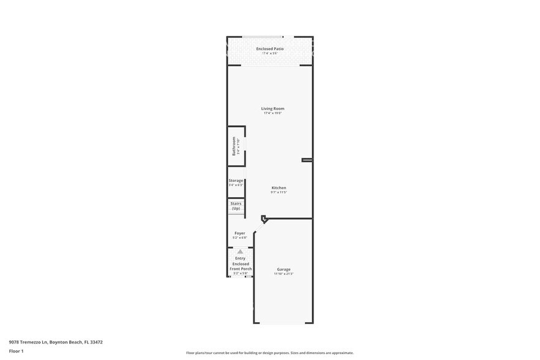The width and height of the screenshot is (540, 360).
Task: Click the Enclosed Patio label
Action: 270,48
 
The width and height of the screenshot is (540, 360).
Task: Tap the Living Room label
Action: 272,108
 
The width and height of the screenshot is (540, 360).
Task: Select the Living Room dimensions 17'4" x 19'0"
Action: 272,113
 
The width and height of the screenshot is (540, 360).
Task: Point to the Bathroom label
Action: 234,146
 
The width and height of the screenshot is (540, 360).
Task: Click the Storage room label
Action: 236,181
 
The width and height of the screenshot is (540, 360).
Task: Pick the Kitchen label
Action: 279,187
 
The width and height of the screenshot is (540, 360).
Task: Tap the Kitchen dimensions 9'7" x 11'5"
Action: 279,192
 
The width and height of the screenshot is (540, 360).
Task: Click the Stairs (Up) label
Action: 236,206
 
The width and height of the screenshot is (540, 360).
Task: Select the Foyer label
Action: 239,233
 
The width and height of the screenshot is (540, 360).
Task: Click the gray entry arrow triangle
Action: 240,251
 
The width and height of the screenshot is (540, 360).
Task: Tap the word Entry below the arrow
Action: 240,258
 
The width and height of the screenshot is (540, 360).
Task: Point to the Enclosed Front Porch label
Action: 240,266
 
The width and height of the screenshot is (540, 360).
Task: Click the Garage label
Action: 283,269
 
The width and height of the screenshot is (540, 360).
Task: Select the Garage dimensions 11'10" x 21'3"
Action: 283,274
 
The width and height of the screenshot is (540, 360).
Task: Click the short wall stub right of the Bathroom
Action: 307,160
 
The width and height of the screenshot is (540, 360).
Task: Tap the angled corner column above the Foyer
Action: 264,219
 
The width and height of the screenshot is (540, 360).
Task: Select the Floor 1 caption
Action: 16,351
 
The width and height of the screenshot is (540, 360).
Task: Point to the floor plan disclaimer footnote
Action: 269,353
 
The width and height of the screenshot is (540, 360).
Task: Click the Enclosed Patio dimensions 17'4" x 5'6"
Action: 270,53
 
